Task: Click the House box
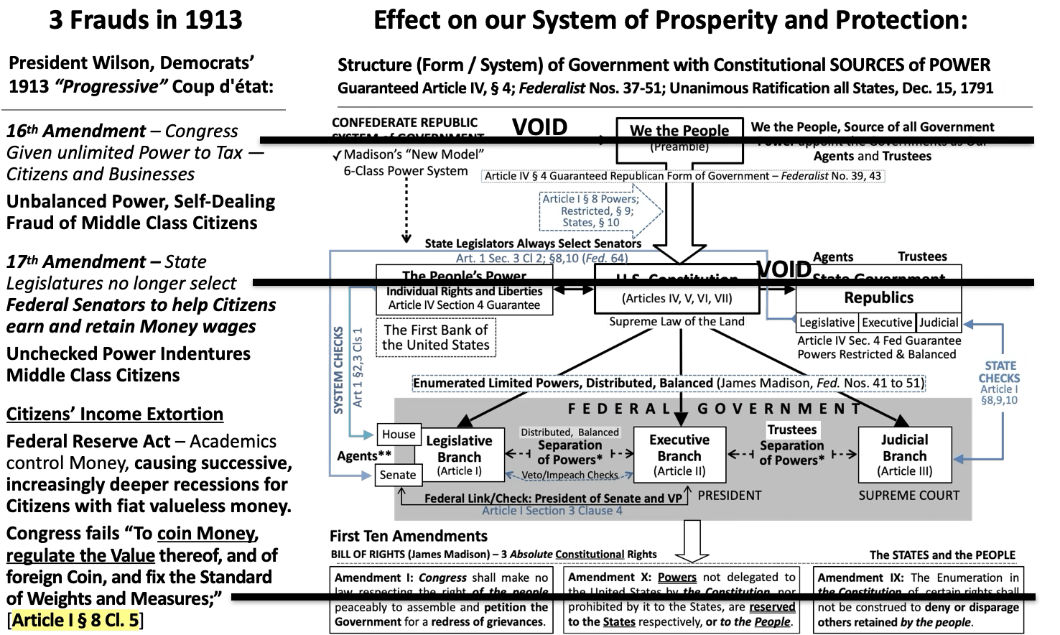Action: pos(399,434)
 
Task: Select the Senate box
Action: pos(398,474)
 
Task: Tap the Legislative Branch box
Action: pos(459,455)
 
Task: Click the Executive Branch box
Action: pos(679,455)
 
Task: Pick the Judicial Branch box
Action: pos(904,455)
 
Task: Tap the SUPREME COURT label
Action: pos(908,495)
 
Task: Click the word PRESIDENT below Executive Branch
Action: pos(729,495)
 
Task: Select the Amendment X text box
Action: pos(681,600)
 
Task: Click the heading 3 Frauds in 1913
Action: pos(145,19)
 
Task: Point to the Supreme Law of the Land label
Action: pos(677,322)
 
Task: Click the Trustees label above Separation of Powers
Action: pos(791,430)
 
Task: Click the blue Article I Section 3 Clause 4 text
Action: pos(552,511)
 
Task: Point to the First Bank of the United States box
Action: pos(435,337)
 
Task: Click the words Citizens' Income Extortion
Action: pos(114,414)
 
